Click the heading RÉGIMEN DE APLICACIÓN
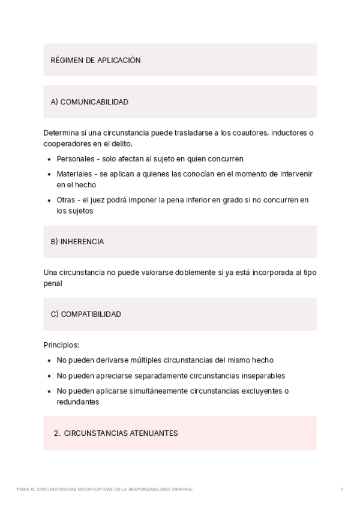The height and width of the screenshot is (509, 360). (96, 60)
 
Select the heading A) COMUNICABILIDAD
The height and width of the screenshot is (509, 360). (90, 102)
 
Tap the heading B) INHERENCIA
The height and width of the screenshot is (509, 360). (77, 241)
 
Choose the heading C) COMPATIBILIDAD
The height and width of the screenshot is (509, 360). (86, 314)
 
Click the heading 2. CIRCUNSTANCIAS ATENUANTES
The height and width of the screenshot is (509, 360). (116, 433)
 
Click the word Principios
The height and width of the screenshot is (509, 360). (61, 345)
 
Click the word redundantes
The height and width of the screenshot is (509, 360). (78, 402)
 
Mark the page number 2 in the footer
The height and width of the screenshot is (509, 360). (341, 489)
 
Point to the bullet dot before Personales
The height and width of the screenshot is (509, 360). (49, 159)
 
